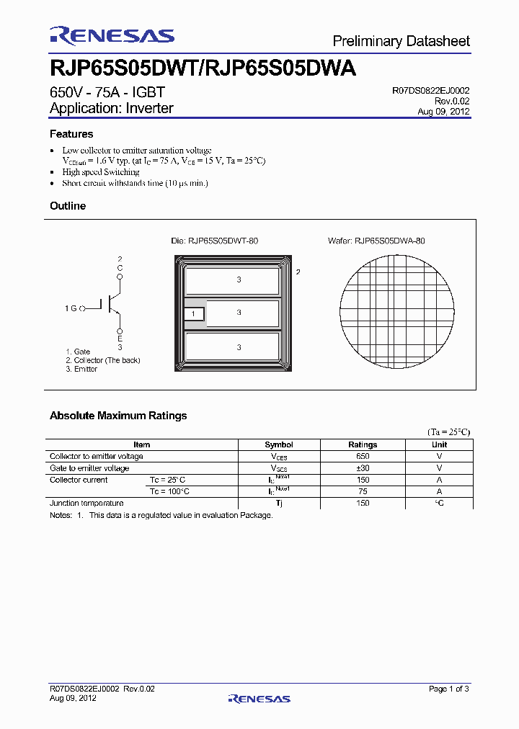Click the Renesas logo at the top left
112,35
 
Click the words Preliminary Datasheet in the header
402,40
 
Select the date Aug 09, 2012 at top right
443,112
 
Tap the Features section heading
71,134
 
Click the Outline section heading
68,206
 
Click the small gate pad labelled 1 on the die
194,314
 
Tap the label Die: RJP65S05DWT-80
214,241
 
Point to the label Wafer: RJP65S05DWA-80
376,241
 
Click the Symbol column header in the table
279,445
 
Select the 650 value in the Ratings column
363,457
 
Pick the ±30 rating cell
363,468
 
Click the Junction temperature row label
86,503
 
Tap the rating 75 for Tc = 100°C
363,491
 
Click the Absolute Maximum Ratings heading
118,416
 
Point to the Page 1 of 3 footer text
448,689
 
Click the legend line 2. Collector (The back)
102,360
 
